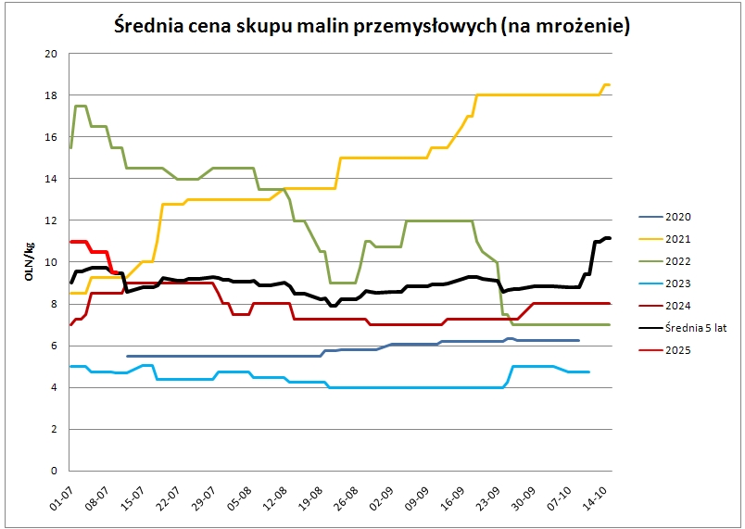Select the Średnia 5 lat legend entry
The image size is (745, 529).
(694, 328)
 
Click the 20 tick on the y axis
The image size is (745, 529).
(51, 54)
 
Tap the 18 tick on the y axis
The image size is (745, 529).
(51, 95)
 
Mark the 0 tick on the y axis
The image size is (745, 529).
(54, 471)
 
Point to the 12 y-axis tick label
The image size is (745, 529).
(51, 220)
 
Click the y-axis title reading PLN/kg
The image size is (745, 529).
(29, 261)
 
